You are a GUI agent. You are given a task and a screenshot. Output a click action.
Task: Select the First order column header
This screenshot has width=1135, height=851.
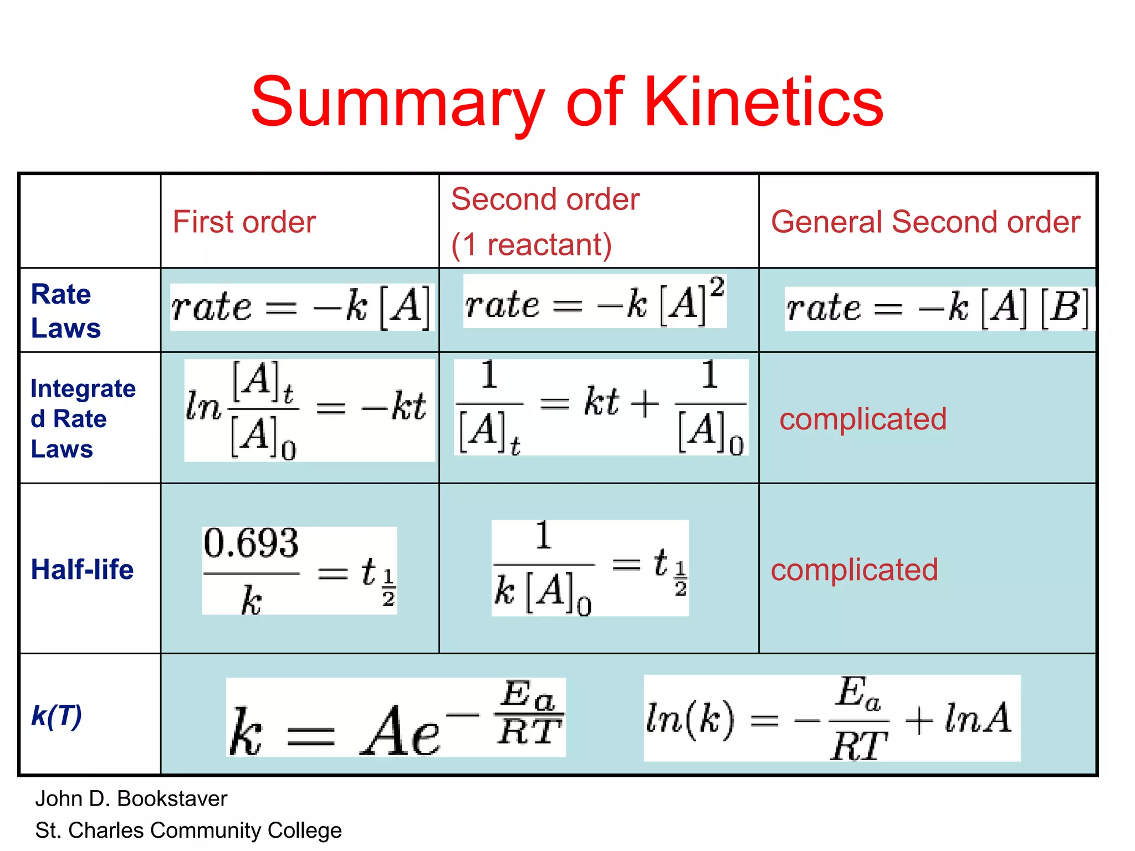coord(244,222)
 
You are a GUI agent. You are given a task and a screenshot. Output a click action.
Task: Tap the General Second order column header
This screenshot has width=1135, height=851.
coord(926,222)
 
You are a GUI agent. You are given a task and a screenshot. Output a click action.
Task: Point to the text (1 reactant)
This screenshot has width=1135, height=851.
coord(531,245)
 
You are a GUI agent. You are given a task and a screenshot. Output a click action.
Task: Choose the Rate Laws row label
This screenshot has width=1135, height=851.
coord(66,311)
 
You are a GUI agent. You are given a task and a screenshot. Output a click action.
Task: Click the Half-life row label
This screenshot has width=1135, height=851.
coord(82,570)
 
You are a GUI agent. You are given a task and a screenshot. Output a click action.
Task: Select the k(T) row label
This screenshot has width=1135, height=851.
coord(57,715)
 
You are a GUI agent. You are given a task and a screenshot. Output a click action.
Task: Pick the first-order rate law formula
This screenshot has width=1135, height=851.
coord(300,307)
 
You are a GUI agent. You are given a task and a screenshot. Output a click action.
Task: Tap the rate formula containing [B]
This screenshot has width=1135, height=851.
coord(938,308)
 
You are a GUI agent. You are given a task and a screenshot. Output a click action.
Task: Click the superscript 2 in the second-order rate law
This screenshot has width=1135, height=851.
coord(717,288)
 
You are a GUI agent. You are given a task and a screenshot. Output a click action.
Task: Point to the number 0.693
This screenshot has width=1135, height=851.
coord(251,543)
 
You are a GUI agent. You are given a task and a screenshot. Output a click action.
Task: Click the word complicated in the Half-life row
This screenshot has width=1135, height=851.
coord(854,570)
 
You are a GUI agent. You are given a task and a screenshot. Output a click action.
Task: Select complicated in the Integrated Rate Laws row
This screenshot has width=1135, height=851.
coord(863,419)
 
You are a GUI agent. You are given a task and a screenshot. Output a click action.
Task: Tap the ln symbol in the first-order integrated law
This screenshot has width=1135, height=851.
coord(203,406)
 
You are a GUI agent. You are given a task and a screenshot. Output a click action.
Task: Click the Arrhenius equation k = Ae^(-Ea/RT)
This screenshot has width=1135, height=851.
coord(396,717)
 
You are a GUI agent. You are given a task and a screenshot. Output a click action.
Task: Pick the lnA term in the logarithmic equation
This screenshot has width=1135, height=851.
coord(978,719)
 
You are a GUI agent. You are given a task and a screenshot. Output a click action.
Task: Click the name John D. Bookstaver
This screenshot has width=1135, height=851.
coord(131,799)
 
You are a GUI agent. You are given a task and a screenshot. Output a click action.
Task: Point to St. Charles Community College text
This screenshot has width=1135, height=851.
coord(188,831)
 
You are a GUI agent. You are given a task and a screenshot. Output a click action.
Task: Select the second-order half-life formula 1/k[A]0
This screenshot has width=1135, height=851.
coord(590,568)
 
